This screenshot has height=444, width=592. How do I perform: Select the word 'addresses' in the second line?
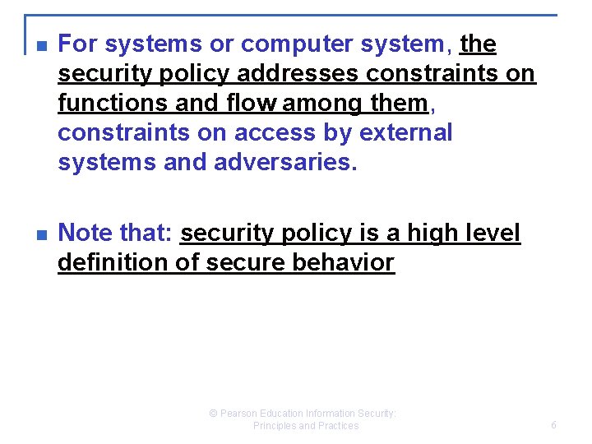[298, 73]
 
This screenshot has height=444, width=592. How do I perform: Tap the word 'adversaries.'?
[285, 162]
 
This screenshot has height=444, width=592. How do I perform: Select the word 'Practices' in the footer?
[339, 426]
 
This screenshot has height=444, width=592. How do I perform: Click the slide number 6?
[553, 425]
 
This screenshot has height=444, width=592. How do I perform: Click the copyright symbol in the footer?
[214, 414]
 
